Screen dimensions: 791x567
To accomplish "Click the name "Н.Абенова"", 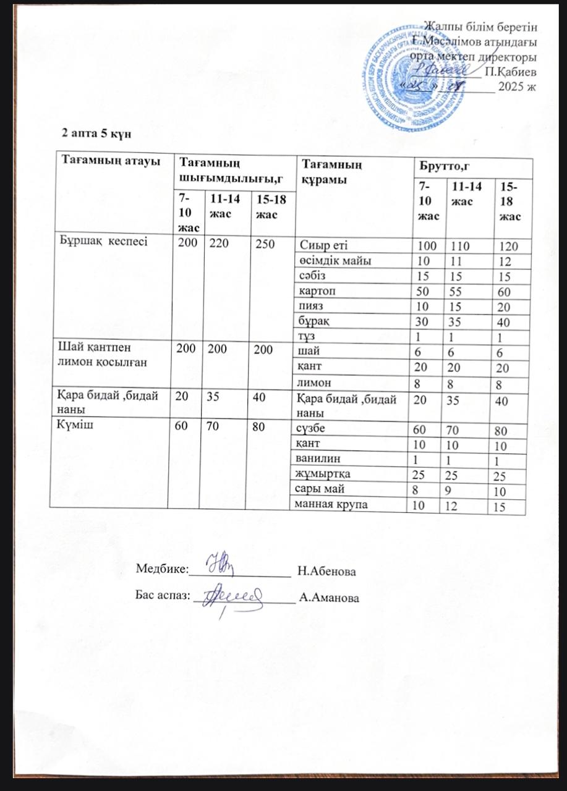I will click(326, 571).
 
